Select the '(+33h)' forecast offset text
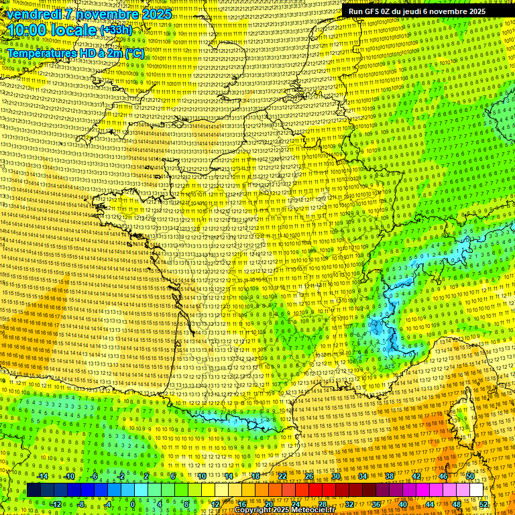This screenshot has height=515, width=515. click(x=117, y=30)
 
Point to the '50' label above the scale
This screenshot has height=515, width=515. click(x=470, y=476)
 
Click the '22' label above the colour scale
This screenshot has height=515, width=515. click(x=282, y=476)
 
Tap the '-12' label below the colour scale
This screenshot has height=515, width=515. click(x=55, y=504)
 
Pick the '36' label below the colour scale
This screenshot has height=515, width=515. click(x=376, y=504)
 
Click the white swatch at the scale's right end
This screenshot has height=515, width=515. click(x=476, y=490)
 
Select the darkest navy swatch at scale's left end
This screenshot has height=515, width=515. click(x=34, y=490)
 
